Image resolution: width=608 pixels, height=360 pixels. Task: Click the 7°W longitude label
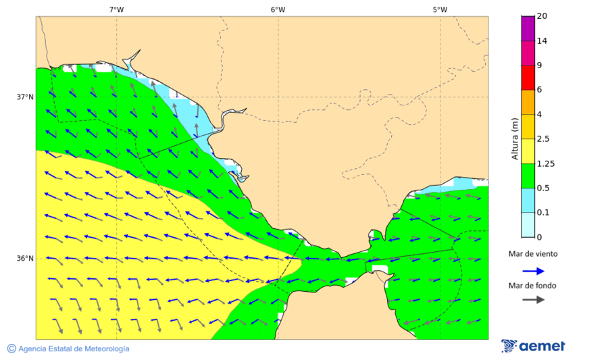click(116, 9)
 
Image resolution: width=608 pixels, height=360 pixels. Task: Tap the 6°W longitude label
click(278, 9)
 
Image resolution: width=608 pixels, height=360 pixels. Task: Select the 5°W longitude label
click(440, 9)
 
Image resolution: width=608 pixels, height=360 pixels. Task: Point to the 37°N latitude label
click(25, 97)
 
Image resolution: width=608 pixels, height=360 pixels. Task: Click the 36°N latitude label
click(25, 258)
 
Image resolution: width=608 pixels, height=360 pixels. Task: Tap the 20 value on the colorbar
click(542, 16)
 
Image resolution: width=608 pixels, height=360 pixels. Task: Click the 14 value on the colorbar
click(542, 41)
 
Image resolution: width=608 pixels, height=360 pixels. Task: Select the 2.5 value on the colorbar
click(543, 139)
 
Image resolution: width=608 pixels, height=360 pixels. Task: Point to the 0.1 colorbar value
click(543, 213)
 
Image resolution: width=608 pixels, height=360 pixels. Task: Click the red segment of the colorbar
click(528, 77)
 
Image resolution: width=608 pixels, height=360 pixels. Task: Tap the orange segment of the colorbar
click(528, 102)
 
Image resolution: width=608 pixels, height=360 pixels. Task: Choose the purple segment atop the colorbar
click(528, 28)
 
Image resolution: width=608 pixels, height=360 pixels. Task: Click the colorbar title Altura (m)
click(515, 138)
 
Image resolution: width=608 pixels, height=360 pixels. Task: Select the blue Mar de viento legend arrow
click(533, 271)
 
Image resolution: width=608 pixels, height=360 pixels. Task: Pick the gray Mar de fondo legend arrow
click(533, 299)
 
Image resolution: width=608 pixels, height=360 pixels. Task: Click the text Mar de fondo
click(533, 286)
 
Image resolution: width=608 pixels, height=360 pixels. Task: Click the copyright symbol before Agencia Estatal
click(11, 349)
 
